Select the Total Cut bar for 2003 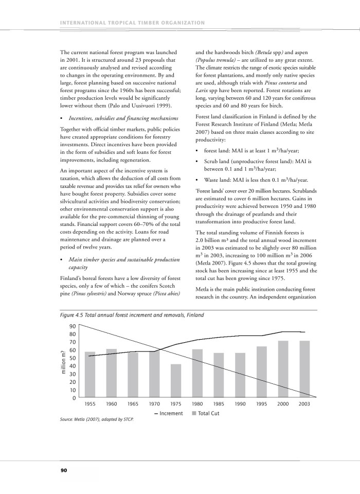click(x=305, y=369)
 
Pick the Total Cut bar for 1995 click(x=262, y=372)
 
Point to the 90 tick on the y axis click(x=73, y=326)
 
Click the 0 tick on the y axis click(x=74, y=398)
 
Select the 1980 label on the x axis click(x=197, y=404)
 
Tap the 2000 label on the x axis click(x=283, y=404)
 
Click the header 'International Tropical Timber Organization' click(x=133, y=22)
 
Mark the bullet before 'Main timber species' click(x=62, y=258)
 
